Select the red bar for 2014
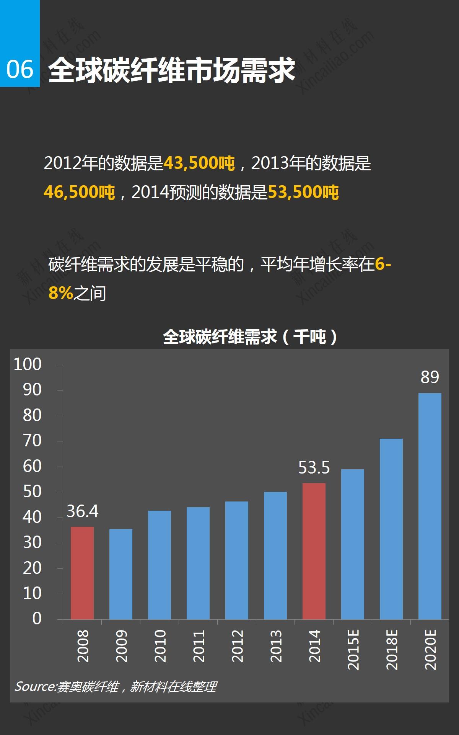pos(314,551)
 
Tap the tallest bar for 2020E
pos(430,506)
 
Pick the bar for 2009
pos(121,574)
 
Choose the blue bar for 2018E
pos(391,529)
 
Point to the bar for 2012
pos(237,560)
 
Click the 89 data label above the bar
pos(430,377)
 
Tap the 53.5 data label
pos(314,468)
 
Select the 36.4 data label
pos(82,511)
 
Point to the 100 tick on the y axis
pos(28,364)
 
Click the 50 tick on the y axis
pos(32,492)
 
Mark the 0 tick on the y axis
pos(37,619)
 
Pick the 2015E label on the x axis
pos(353,650)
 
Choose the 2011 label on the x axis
pos(199,647)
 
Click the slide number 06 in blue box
pos(20,70)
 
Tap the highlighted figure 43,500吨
pos(199,163)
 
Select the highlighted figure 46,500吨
pos(79,192)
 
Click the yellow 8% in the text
pos(61,293)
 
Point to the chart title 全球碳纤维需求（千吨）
pos(251,337)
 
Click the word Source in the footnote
pos(35,686)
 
